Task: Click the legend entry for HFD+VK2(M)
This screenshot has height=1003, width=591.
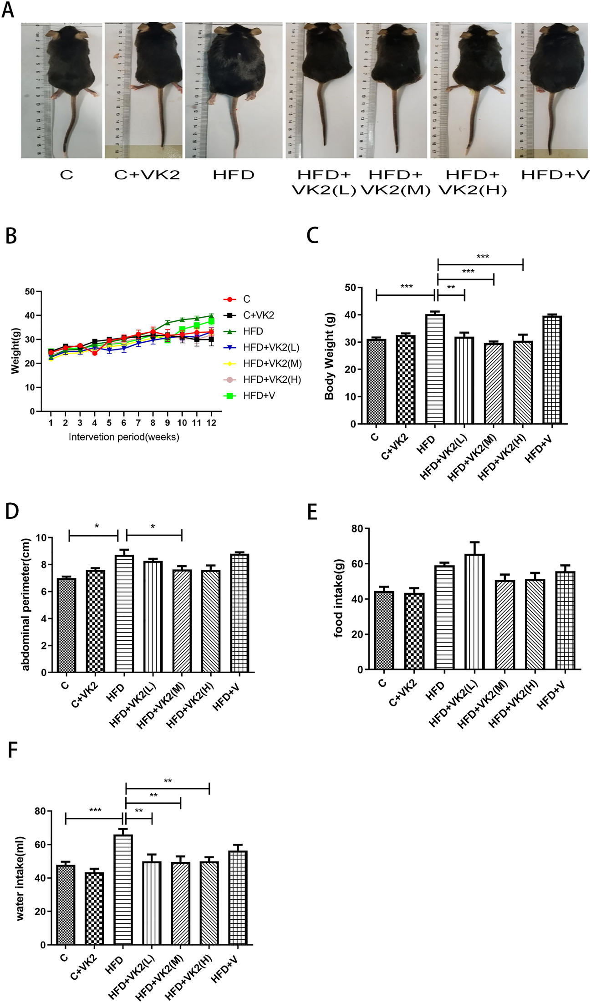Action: coord(272,364)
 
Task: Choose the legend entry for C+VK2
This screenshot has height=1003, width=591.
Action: coord(258,315)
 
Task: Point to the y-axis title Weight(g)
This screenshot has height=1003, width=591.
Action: coord(15,351)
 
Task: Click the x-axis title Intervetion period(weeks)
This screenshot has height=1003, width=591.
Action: coord(124,437)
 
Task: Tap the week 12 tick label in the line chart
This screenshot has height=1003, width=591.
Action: coord(211,423)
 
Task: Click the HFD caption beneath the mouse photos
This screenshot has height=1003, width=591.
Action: coord(233,175)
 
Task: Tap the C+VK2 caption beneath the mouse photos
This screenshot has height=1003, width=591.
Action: coord(147,175)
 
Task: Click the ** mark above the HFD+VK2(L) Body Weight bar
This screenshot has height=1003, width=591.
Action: coord(451,288)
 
